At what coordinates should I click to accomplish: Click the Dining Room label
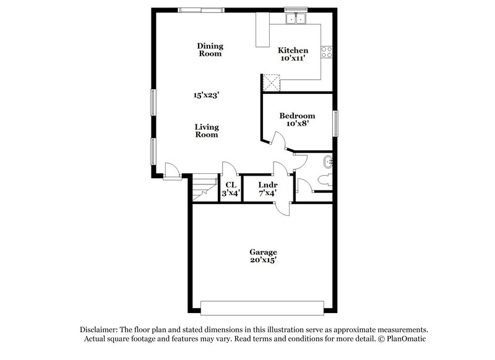[x=210, y=49]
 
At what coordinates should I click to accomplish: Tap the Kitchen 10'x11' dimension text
[x=293, y=59]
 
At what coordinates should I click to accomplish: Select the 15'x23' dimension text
[x=207, y=95]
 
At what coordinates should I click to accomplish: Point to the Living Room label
[x=207, y=131]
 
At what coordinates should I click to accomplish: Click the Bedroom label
[x=297, y=116]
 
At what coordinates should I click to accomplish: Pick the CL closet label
[x=231, y=185]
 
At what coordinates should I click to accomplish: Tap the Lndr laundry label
[x=267, y=185]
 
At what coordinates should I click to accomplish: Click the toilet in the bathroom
[x=324, y=180]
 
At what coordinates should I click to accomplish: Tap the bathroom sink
[x=328, y=162]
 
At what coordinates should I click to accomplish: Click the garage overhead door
[x=262, y=307]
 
